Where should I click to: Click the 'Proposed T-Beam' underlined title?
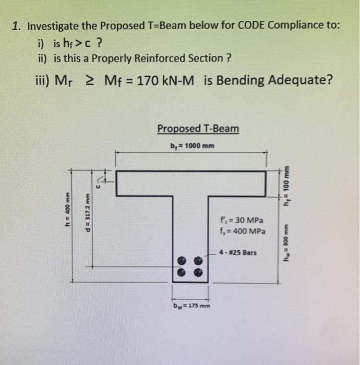click(198, 128)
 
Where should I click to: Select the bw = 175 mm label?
click(191, 306)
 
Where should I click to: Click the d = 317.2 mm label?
click(88, 217)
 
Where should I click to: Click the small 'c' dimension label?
click(96, 183)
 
